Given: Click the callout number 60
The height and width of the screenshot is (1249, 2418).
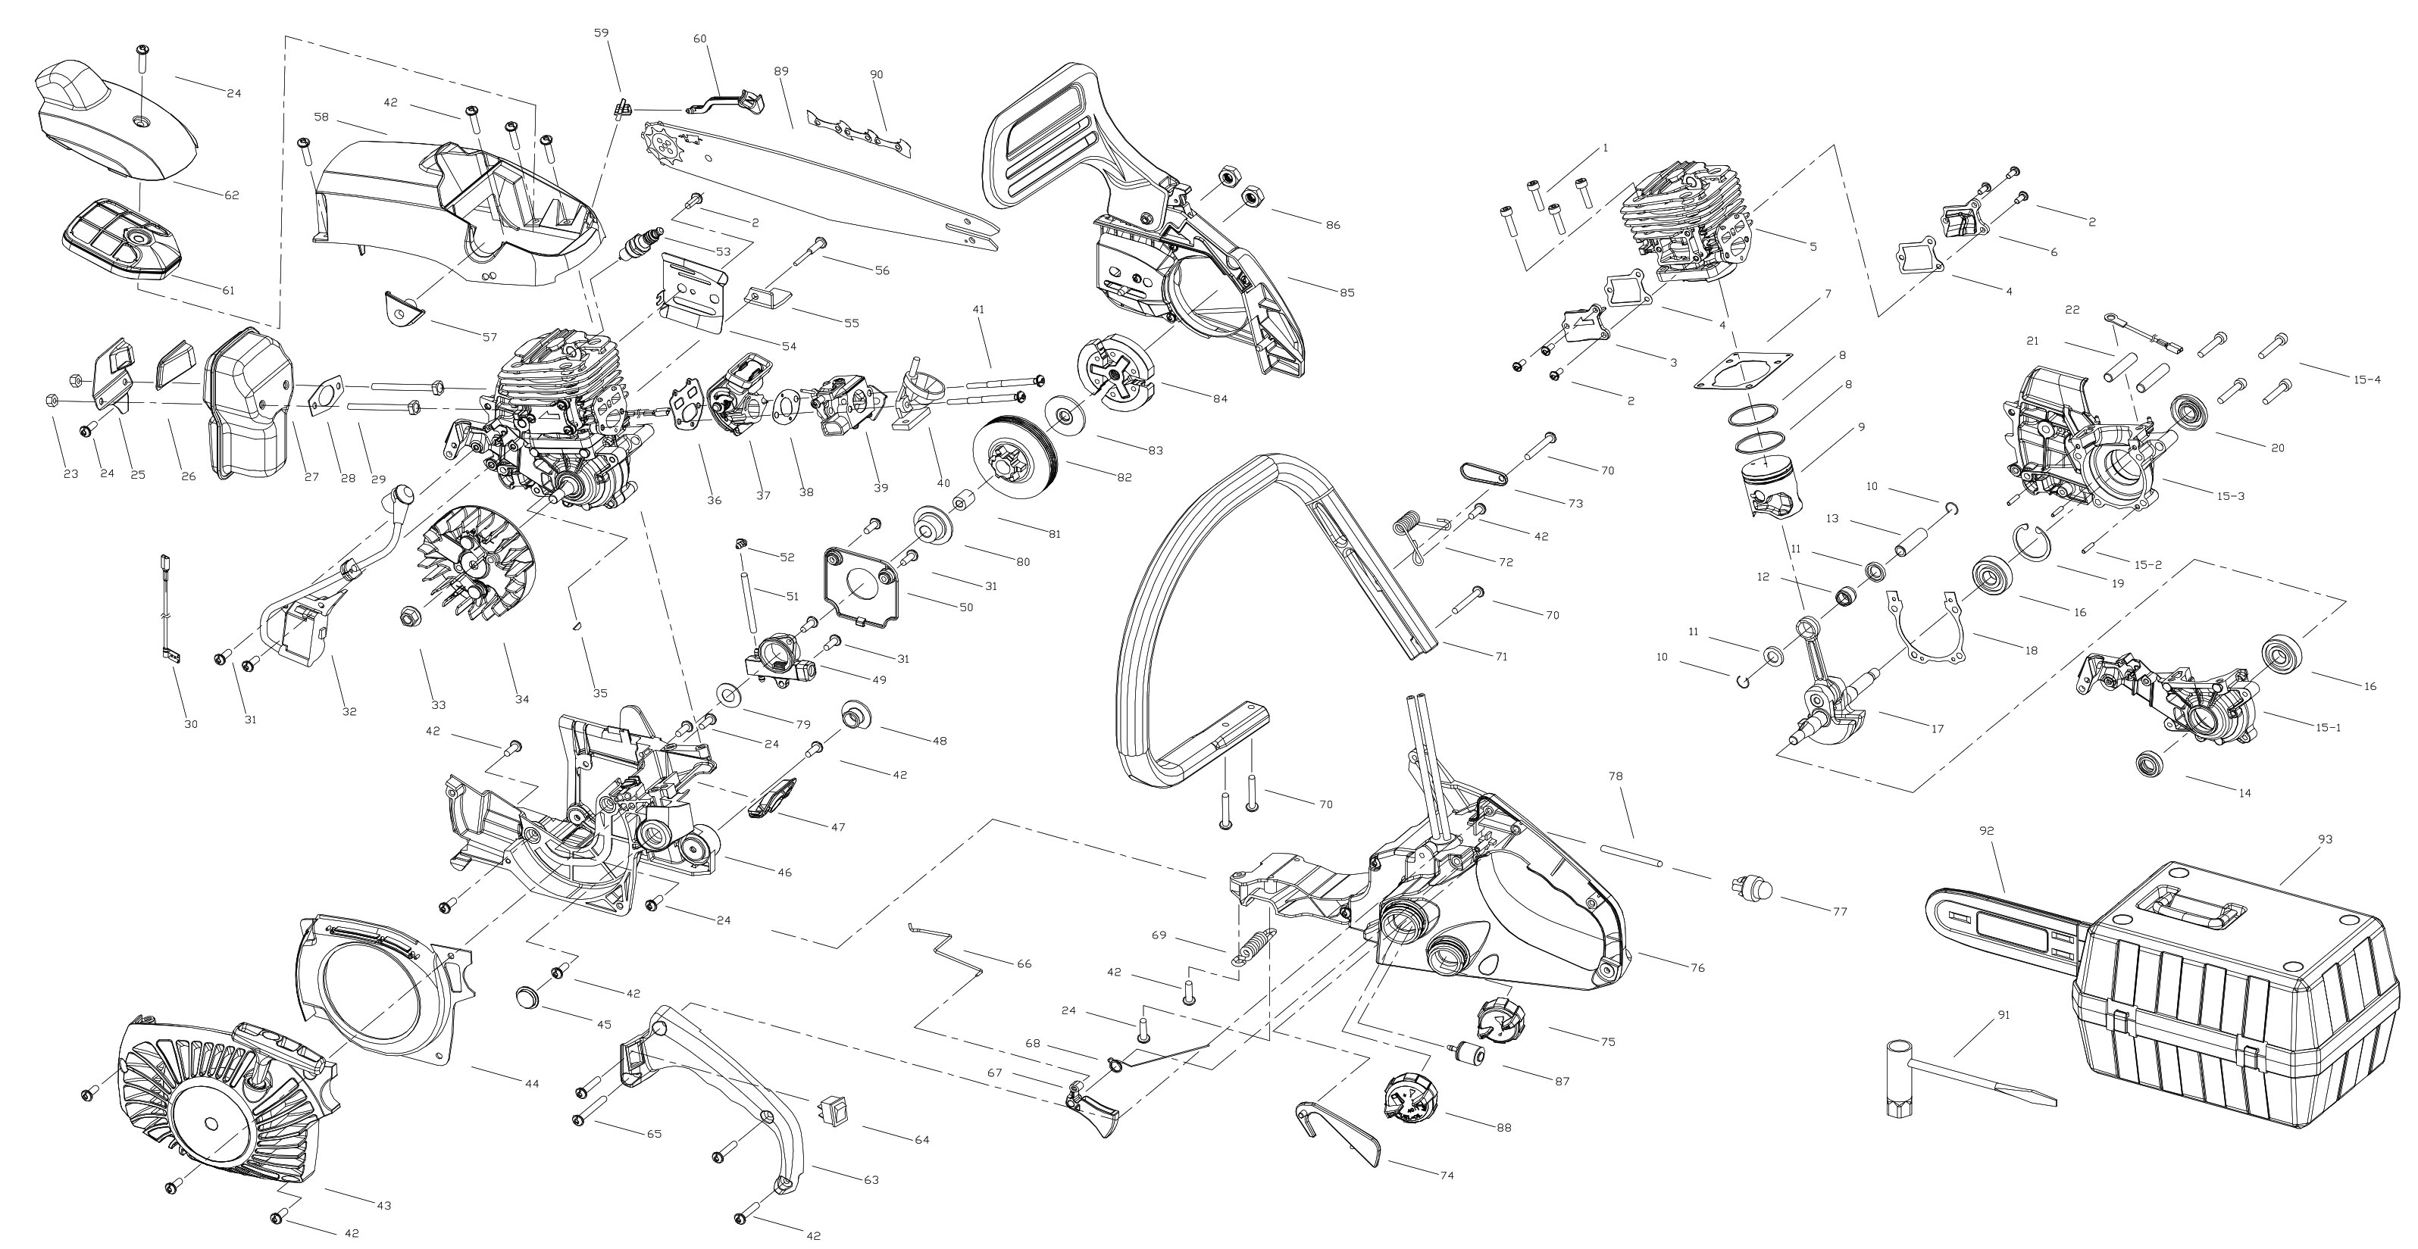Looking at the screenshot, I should [x=699, y=39].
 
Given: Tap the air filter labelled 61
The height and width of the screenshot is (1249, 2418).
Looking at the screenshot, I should [x=121, y=239].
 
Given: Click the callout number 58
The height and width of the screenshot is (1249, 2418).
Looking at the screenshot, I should [x=321, y=117].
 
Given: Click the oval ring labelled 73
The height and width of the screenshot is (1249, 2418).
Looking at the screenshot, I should [x=1484, y=471].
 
